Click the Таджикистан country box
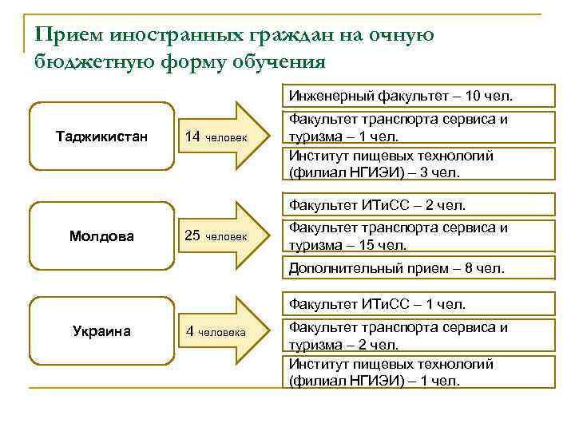[x=101, y=136]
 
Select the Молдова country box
[x=101, y=235]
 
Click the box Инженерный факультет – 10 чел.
[x=419, y=97]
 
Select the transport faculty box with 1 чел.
[x=419, y=128]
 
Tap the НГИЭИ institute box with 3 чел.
[x=419, y=163]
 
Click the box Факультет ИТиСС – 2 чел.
[x=419, y=205]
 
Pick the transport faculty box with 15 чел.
[x=419, y=236]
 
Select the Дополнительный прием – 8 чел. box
[x=419, y=268]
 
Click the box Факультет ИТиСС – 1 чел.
[x=419, y=303]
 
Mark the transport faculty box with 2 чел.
[x=419, y=335]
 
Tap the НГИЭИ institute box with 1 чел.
[x=419, y=372]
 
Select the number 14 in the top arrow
[x=192, y=136]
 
